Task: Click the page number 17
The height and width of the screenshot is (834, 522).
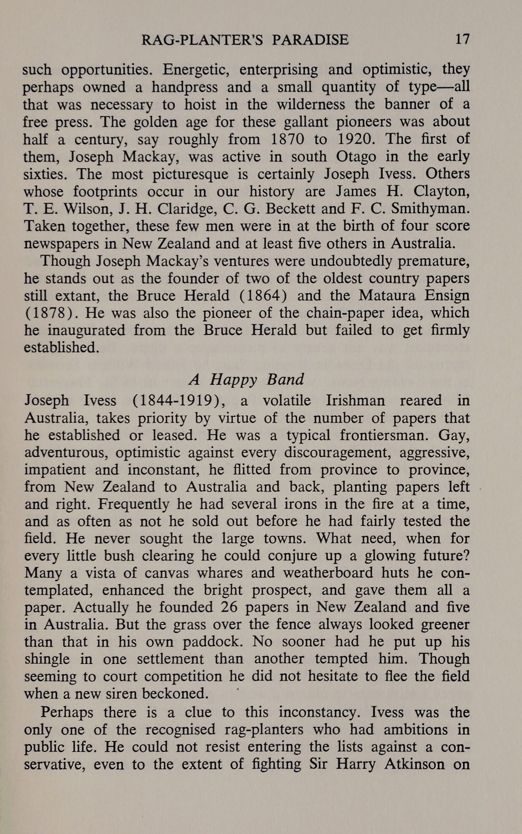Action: pyautogui.click(x=461, y=39)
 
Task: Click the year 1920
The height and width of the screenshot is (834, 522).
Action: pyautogui.click(x=355, y=139)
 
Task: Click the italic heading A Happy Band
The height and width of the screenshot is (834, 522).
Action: pyautogui.click(x=246, y=379)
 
